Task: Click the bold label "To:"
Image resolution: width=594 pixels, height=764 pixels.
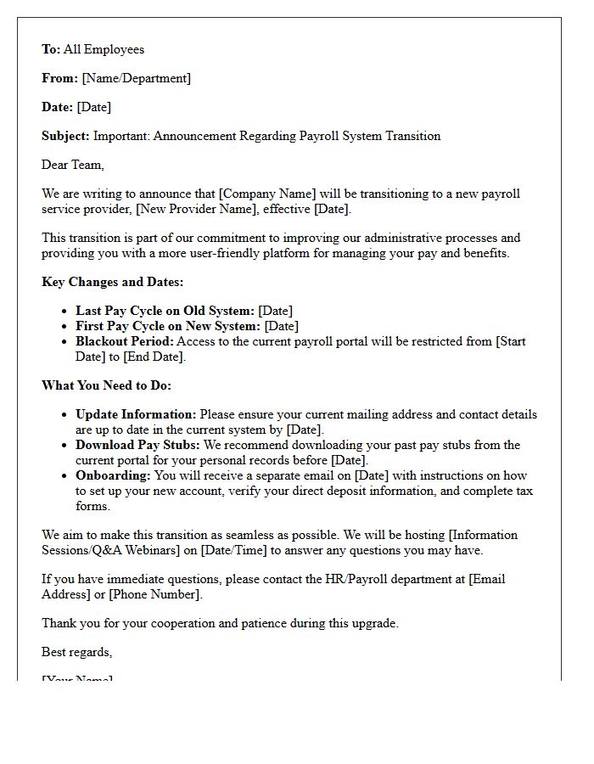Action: (51, 49)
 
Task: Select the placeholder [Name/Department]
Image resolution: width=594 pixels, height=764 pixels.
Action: (136, 78)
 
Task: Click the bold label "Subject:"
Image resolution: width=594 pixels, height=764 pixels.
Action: (65, 136)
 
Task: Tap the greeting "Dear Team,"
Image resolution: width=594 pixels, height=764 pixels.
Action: (73, 165)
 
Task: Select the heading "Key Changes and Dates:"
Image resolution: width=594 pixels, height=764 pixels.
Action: (112, 282)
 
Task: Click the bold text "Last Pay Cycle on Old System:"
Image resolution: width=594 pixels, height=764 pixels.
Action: (165, 311)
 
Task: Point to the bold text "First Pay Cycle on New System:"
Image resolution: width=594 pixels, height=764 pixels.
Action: (168, 326)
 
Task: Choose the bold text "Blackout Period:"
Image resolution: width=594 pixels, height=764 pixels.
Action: (124, 341)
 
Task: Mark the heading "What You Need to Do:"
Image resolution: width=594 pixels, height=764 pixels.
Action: (106, 385)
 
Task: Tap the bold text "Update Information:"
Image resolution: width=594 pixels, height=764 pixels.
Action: (136, 414)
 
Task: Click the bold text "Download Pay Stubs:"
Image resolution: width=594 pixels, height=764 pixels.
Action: (137, 445)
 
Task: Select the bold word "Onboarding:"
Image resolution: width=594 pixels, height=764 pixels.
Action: (113, 475)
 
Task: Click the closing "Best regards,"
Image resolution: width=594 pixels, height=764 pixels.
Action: (76, 652)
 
